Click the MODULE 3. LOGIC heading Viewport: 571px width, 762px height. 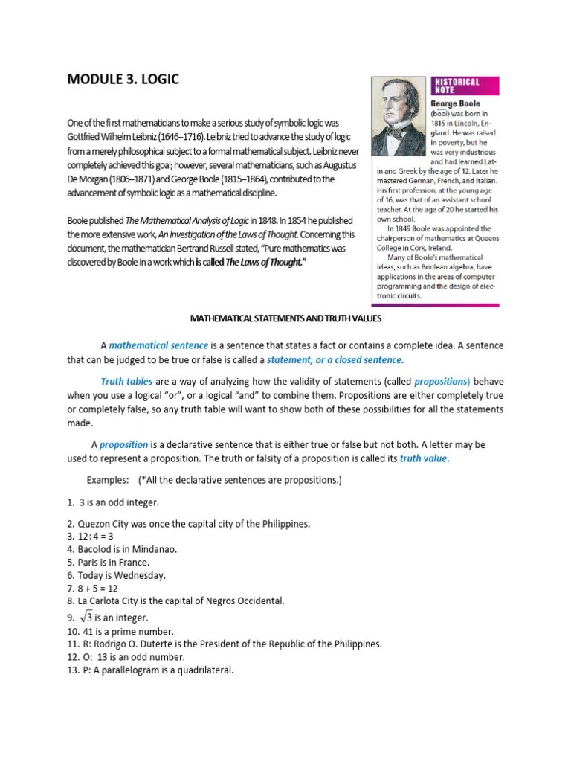pyautogui.click(x=123, y=78)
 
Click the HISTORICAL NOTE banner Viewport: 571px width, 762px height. pyautogui.click(x=457, y=86)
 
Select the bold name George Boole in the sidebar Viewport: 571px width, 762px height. pyautogui.click(x=456, y=103)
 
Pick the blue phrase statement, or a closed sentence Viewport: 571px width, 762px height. pyautogui.click(x=335, y=359)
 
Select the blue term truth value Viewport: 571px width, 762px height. pyautogui.click(x=424, y=458)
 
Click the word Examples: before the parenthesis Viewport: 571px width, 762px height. pyautogui.click(x=109, y=480)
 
